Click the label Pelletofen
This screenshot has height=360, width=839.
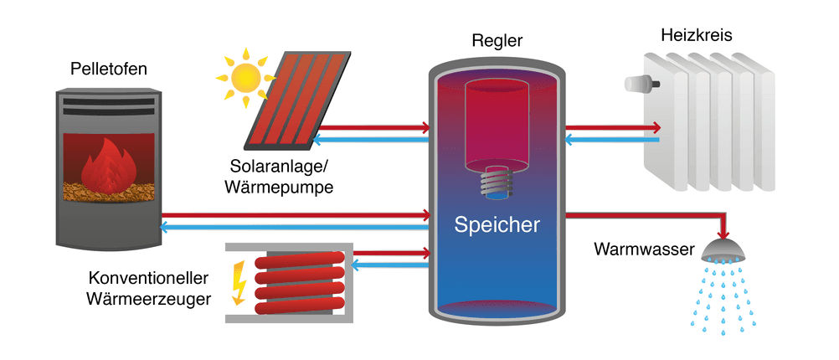point(108,69)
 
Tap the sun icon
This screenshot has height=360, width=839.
point(247,75)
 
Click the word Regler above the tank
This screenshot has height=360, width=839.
point(497,40)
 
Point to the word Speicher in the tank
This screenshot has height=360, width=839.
point(497,224)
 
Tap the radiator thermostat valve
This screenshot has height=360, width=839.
point(643,84)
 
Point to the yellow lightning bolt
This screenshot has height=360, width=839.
point(238,281)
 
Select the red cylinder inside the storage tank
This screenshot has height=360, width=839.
point(497,121)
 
